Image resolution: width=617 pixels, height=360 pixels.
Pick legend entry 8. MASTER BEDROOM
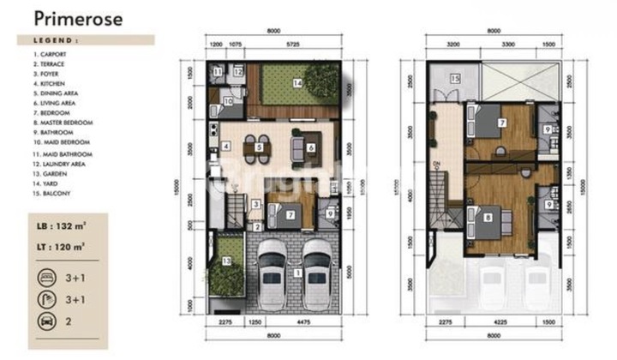click(x=63, y=123)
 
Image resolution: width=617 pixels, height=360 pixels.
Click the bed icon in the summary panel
click(x=45, y=277)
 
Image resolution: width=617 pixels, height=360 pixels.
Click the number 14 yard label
click(x=297, y=83)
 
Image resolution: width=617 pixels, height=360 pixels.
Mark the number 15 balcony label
click(x=455, y=79)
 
